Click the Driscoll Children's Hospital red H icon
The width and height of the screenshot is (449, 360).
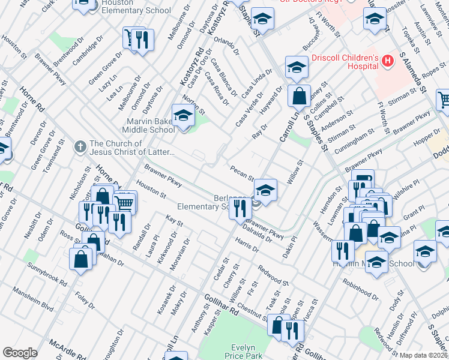point(388,61)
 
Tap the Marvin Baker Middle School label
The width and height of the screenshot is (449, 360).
point(148,125)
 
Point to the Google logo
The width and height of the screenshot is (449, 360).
point(20,353)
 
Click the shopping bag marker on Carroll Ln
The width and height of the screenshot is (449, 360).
point(298,95)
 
